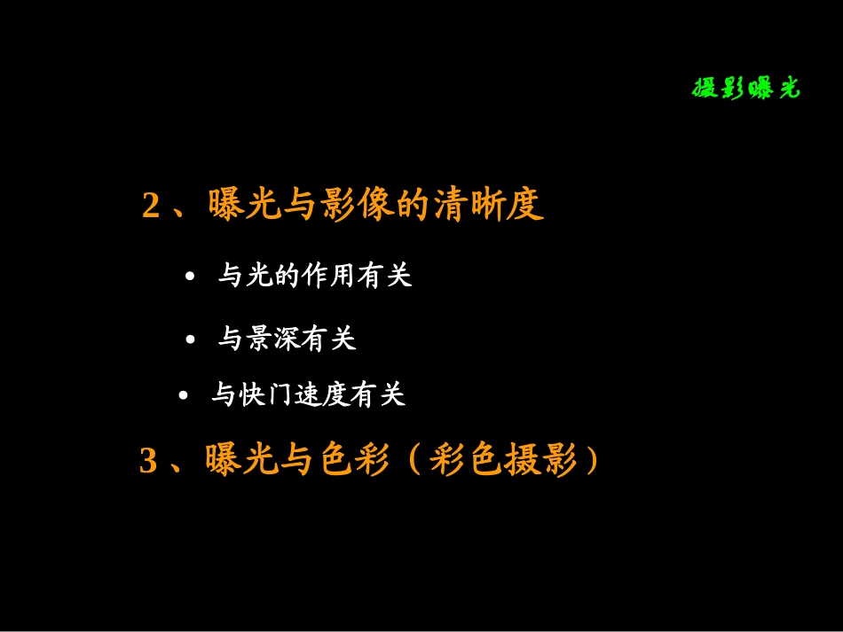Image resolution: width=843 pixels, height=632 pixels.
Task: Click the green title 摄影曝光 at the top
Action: [x=745, y=89]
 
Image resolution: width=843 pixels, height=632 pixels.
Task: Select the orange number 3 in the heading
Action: [x=148, y=462]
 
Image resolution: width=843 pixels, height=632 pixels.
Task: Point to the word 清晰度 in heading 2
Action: [x=487, y=206]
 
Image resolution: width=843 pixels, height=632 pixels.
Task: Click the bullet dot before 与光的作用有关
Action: [x=190, y=277]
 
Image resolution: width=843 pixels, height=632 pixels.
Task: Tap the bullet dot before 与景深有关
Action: [x=190, y=339]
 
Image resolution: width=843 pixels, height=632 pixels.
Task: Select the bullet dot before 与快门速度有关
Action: [x=184, y=395]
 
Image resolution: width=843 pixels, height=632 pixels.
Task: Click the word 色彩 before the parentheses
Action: [x=357, y=461]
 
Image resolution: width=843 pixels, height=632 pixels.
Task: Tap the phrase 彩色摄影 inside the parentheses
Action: [x=502, y=461]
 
